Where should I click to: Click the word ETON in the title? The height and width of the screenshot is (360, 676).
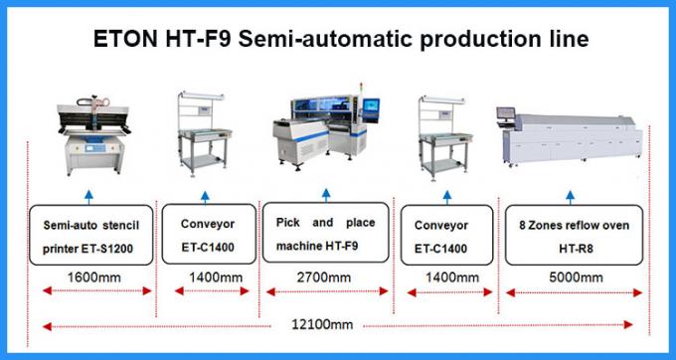124,39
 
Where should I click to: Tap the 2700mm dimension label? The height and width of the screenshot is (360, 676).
324,276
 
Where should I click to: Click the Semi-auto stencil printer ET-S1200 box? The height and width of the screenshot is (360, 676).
89,235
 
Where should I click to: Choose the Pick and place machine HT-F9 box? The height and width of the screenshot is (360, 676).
324,235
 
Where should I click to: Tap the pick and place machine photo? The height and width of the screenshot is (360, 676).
325,134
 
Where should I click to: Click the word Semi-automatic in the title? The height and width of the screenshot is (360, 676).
331,39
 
